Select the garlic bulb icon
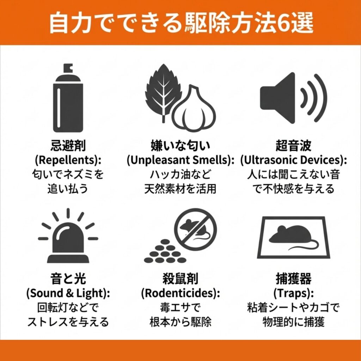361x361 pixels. [x=194, y=108]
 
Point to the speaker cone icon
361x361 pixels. [x=278, y=98]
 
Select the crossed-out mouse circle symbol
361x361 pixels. [x=195, y=230]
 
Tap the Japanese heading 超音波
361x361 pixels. [x=294, y=146]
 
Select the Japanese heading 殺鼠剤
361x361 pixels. [x=180, y=279]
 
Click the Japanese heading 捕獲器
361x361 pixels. [x=294, y=279]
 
